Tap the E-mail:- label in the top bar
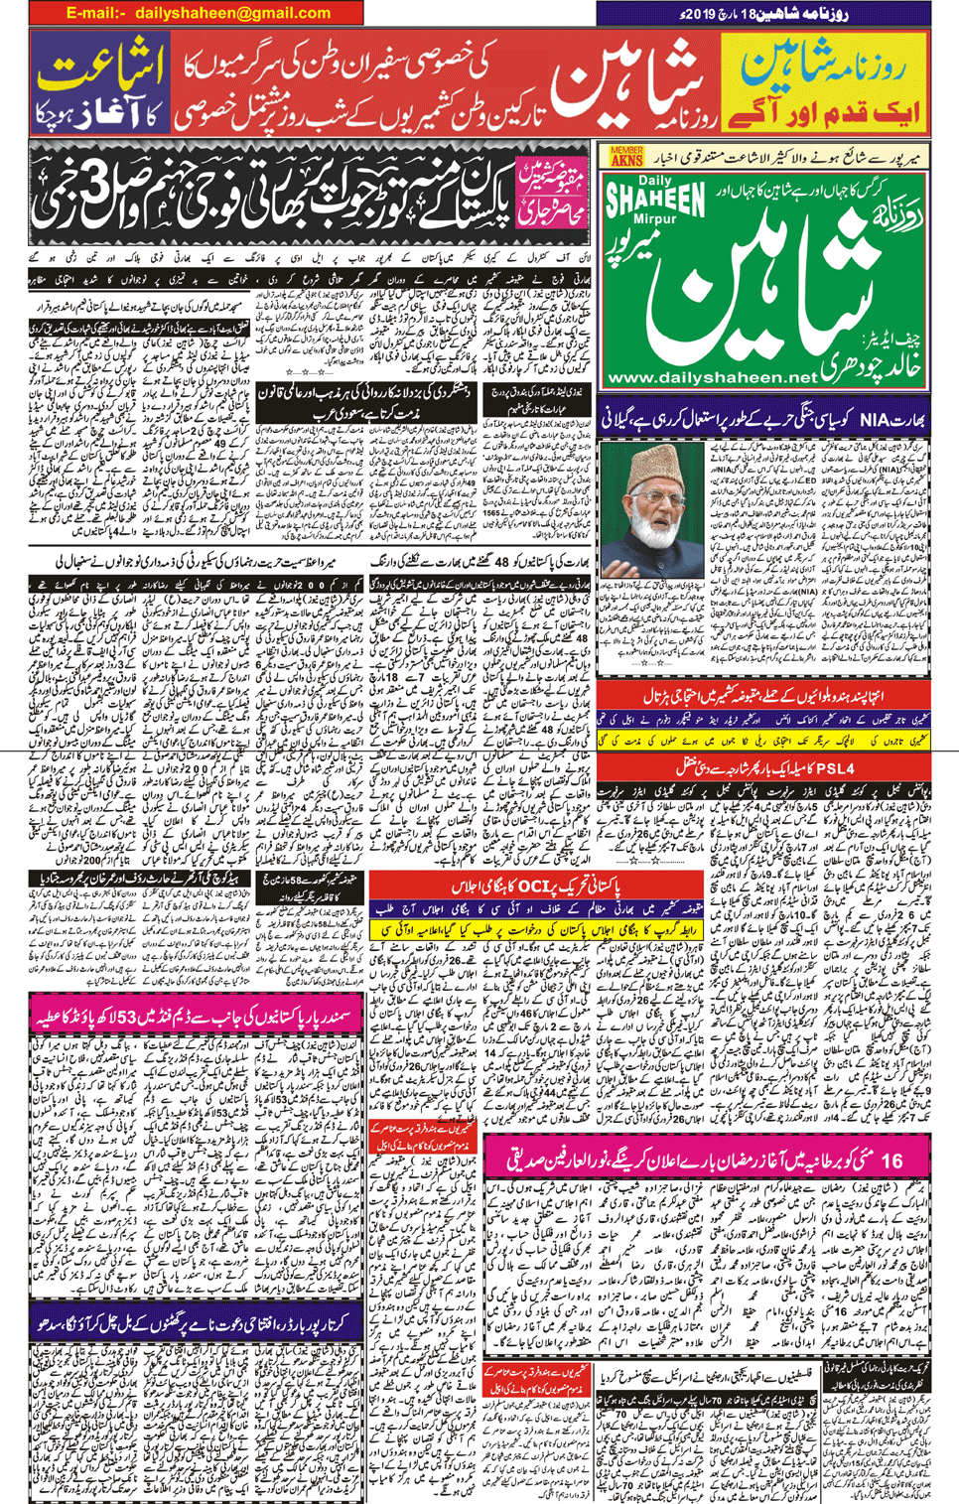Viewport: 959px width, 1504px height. point(96,13)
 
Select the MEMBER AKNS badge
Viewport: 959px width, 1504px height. point(626,156)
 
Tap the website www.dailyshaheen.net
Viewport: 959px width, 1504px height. point(711,378)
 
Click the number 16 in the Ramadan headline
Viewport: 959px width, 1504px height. point(890,1160)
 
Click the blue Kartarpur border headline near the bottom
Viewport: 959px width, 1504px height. point(196,1324)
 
